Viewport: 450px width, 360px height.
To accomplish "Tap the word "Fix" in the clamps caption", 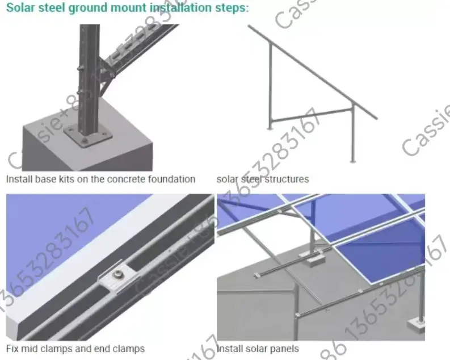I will [x=12, y=348].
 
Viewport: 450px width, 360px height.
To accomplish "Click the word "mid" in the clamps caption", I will [x=31, y=348].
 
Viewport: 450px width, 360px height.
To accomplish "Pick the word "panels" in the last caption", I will [x=283, y=348].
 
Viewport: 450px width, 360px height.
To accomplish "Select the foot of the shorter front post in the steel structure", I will [x=353, y=161].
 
